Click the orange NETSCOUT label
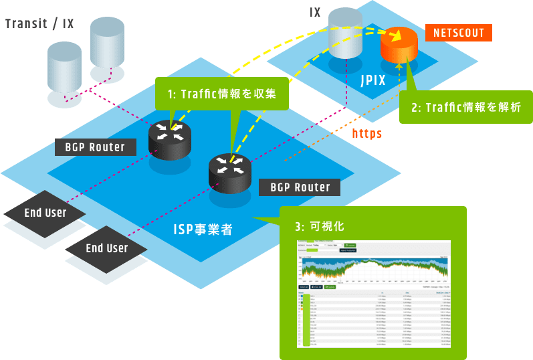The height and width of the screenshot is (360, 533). pyautogui.click(x=459, y=33)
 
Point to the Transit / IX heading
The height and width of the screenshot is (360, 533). pyautogui.click(x=39, y=24)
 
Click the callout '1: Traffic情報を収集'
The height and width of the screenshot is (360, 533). pyautogui.click(x=222, y=94)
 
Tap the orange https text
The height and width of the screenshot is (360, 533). pyautogui.click(x=366, y=134)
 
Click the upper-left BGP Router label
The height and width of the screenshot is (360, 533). pyautogui.click(x=95, y=147)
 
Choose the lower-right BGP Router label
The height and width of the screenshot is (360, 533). pyautogui.click(x=300, y=187)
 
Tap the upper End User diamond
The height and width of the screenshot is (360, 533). pyautogui.click(x=45, y=213)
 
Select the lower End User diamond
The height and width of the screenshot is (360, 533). pyautogui.click(x=106, y=248)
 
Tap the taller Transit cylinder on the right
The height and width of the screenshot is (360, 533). pyautogui.click(x=107, y=42)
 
